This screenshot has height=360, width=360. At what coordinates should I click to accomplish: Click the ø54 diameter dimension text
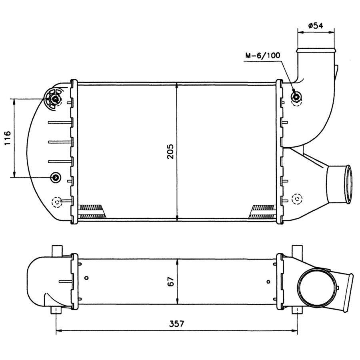(x=316, y=26)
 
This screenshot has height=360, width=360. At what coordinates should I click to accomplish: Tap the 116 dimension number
(x=7, y=138)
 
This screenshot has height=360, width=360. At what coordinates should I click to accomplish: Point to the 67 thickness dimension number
(x=171, y=281)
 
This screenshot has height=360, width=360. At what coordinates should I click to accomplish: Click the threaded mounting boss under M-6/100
(x=297, y=96)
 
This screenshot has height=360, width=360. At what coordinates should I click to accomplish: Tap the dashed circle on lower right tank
(x=297, y=198)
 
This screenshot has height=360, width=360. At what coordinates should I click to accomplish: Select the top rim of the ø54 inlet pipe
(x=315, y=50)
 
